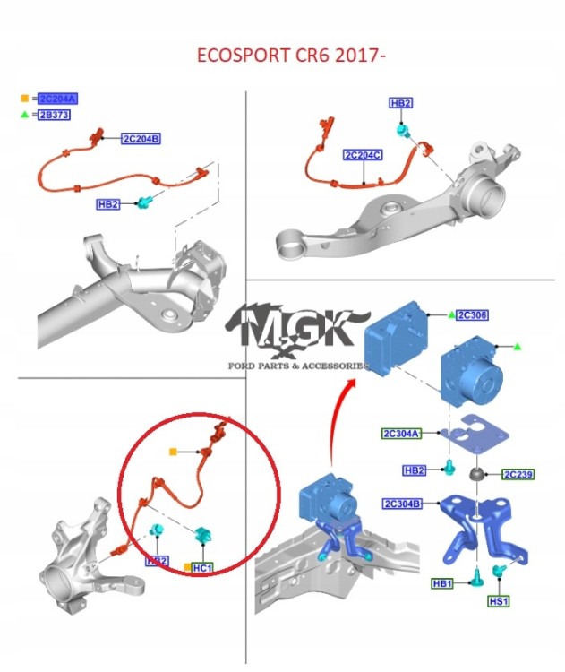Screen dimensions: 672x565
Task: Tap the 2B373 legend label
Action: point(55,116)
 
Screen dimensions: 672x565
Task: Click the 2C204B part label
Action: point(141,138)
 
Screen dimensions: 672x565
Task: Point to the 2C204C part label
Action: point(363,155)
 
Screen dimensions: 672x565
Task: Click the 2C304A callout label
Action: point(401,434)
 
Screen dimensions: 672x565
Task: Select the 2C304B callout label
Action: point(401,503)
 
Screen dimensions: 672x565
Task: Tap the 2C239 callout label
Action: point(518,474)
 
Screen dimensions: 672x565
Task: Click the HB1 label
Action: point(443,584)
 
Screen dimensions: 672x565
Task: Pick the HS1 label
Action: point(496,600)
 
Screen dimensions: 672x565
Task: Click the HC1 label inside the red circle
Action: point(203,568)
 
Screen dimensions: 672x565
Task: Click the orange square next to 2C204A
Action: point(26,99)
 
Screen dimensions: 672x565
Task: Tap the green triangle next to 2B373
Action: point(26,116)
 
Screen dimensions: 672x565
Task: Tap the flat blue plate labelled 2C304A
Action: point(474,438)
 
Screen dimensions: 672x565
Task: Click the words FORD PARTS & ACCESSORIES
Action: point(298,366)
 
